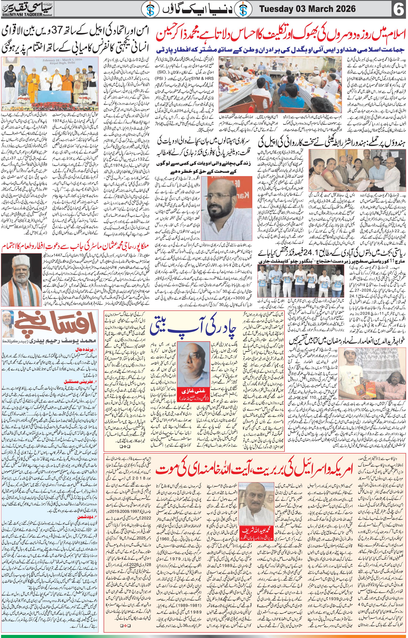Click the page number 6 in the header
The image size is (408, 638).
[x=399, y=10]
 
